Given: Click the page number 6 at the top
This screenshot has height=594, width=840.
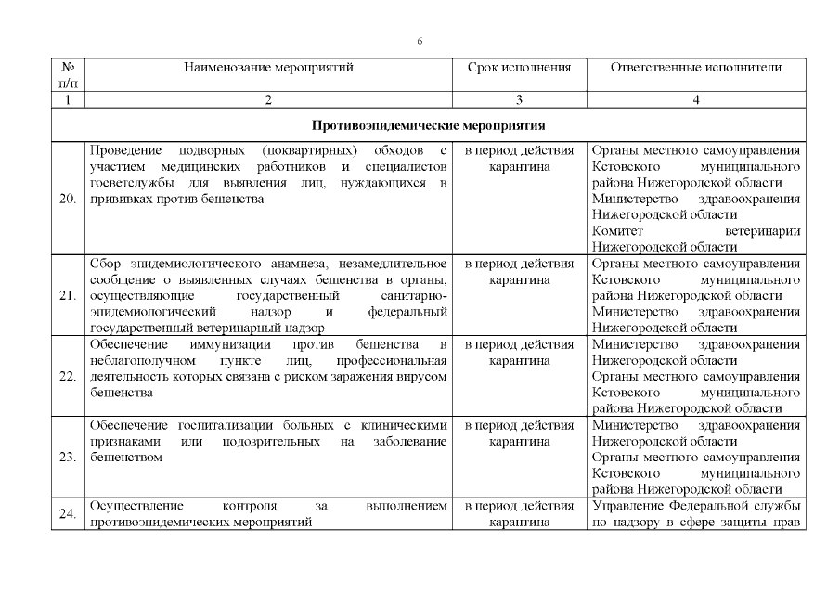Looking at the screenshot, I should coord(420,42).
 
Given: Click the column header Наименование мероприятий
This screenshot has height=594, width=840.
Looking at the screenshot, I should coord(269,68).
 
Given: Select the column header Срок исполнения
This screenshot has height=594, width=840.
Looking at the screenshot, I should coord(519,68).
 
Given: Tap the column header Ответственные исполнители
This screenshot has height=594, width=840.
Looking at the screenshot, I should coord(696,68).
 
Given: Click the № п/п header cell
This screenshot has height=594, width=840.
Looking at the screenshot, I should coord(67,75).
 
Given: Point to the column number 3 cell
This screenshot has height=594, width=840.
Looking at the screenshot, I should coord(519,100).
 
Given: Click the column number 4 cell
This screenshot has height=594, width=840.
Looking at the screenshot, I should coord(696,100).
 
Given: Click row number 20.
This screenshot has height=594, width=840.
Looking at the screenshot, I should coord(67,199).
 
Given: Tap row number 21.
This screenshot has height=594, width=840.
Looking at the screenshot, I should coord(67,296).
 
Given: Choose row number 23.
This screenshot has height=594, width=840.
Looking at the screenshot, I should coord(67,458).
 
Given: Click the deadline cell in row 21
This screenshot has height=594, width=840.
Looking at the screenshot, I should coord(519,271).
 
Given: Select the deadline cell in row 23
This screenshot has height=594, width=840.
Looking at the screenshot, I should coord(519,433).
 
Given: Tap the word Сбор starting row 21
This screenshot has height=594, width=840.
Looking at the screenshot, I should coord(105,264).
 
